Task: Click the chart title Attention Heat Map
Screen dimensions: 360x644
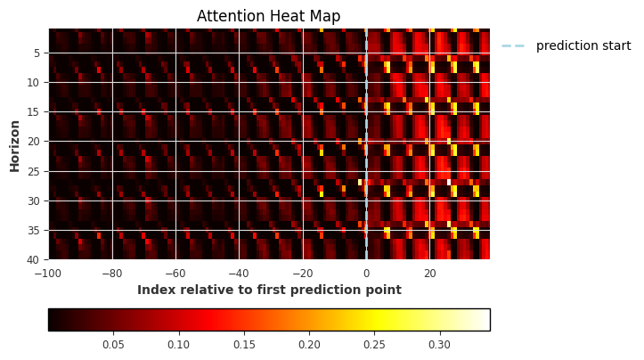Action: pyautogui.click(x=268, y=16)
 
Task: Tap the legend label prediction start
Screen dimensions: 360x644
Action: pyautogui.click(x=583, y=45)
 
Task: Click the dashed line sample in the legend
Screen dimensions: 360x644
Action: pyautogui.click(x=513, y=45)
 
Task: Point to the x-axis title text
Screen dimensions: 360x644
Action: pyautogui.click(x=269, y=290)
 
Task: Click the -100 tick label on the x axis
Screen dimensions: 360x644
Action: pyautogui.click(x=48, y=272)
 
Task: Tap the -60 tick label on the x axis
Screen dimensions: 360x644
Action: pyautogui.click(x=175, y=272)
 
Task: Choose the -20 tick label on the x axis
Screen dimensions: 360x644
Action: pyautogui.click(x=302, y=272)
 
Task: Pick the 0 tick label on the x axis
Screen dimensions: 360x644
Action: pyautogui.click(x=366, y=272)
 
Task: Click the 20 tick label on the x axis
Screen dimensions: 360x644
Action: pyautogui.click(x=429, y=272)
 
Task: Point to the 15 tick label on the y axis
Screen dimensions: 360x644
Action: pyautogui.click(x=34, y=112)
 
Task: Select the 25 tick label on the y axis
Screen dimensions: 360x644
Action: pyautogui.click(x=34, y=171)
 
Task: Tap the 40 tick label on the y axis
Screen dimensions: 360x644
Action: pyautogui.click(x=34, y=259)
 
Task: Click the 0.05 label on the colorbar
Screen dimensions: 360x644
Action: pyautogui.click(x=113, y=344)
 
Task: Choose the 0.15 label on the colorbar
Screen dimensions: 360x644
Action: pyautogui.click(x=244, y=344)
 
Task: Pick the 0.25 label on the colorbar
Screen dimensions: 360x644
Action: pyautogui.click(x=374, y=344)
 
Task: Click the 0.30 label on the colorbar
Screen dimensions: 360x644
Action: pyautogui.click(x=439, y=344)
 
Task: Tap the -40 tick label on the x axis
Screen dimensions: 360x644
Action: pyautogui.click(x=239, y=272)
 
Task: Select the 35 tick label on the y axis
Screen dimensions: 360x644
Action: pyautogui.click(x=34, y=230)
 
